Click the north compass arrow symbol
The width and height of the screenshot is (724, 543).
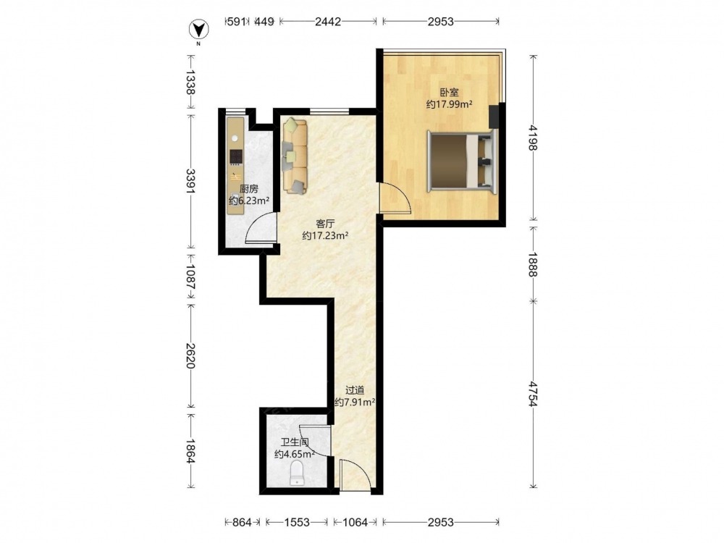(x=199, y=30)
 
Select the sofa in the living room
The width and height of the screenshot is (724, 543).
(x=295, y=156)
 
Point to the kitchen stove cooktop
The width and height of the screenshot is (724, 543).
(x=236, y=157)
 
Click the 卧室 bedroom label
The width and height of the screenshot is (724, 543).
(x=449, y=93)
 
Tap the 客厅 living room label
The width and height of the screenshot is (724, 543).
(x=325, y=224)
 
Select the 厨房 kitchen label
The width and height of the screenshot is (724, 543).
(x=249, y=189)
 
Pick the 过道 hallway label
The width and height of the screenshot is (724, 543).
(x=355, y=391)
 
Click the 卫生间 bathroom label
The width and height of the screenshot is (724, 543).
(x=295, y=442)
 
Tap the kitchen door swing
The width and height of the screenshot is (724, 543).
(x=261, y=228)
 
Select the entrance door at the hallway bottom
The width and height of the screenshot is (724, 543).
(x=355, y=476)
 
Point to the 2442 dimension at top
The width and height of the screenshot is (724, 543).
(x=328, y=21)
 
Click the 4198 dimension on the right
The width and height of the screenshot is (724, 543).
(x=534, y=138)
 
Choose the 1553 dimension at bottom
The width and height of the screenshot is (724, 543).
(x=296, y=522)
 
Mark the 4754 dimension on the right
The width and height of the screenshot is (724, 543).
(x=534, y=393)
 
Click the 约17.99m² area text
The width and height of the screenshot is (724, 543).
(x=449, y=105)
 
